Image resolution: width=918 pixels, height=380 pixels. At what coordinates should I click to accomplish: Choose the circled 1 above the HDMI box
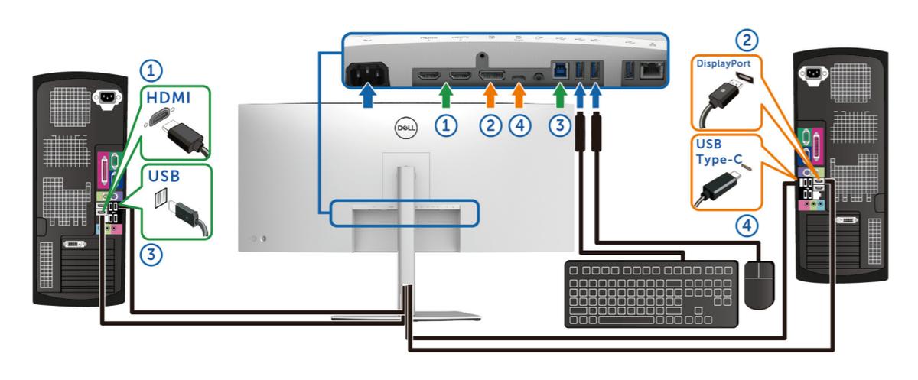pos(155,71)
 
